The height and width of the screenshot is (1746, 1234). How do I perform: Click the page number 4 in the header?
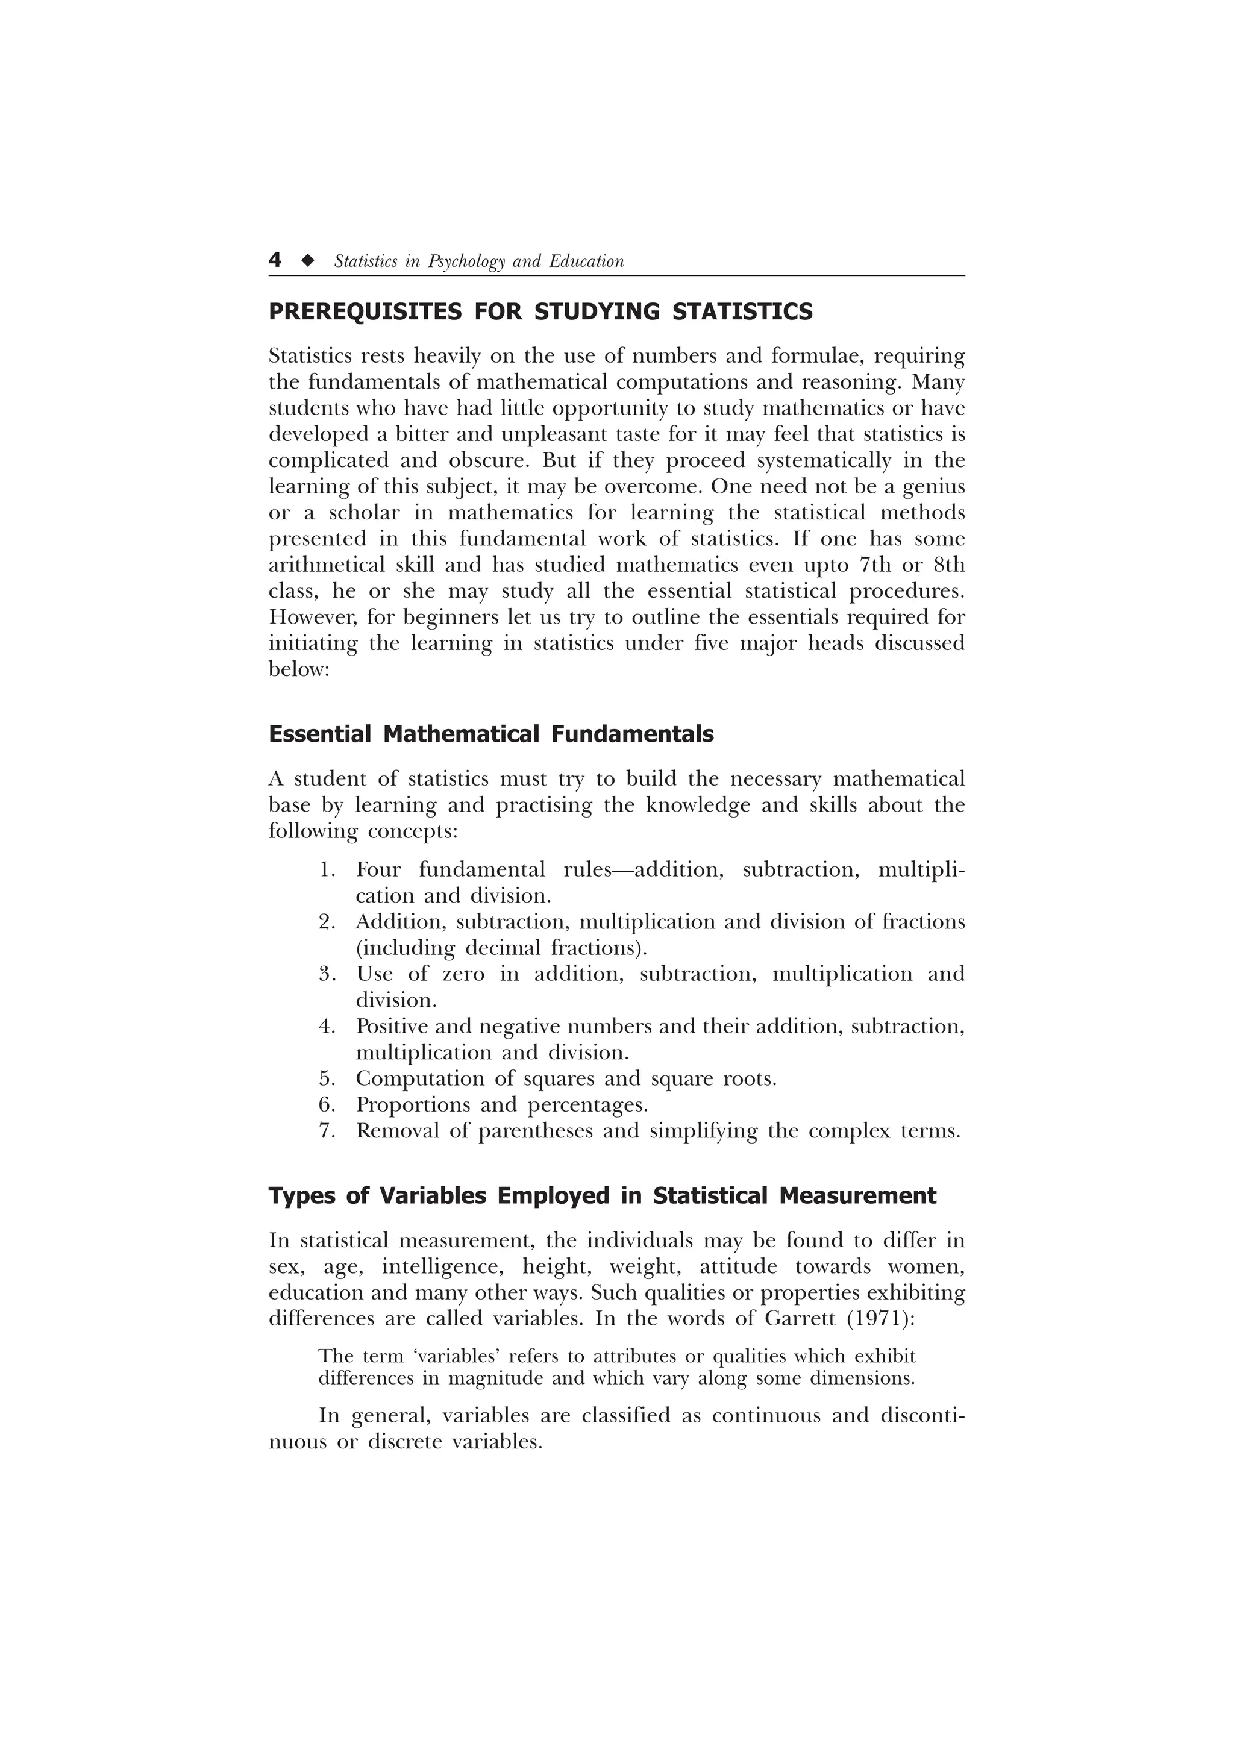pyautogui.click(x=275, y=260)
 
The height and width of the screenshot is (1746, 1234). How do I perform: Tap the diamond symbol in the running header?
pyautogui.click(x=307, y=261)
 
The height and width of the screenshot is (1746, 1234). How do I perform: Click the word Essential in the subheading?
pyautogui.click(x=320, y=734)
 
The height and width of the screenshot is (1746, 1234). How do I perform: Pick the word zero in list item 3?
pyautogui.click(x=463, y=974)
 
